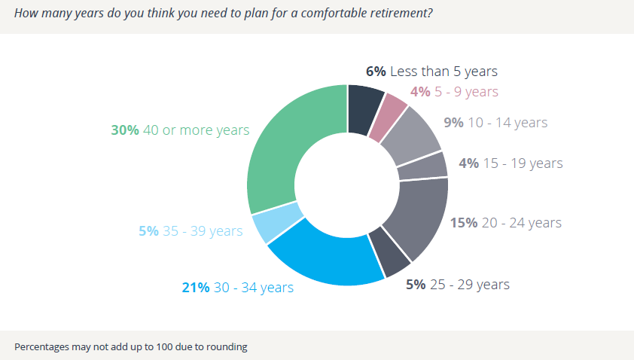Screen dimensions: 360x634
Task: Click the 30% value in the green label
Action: click(x=125, y=130)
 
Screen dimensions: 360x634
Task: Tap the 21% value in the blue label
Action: click(x=195, y=287)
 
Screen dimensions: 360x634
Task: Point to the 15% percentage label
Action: click(x=464, y=222)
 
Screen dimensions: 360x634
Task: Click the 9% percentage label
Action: click(x=453, y=122)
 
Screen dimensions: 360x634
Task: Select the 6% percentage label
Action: click(x=376, y=72)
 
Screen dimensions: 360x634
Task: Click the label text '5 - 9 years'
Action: click(x=466, y=92)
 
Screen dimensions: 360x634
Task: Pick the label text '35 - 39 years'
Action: click(x=203, y=231)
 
